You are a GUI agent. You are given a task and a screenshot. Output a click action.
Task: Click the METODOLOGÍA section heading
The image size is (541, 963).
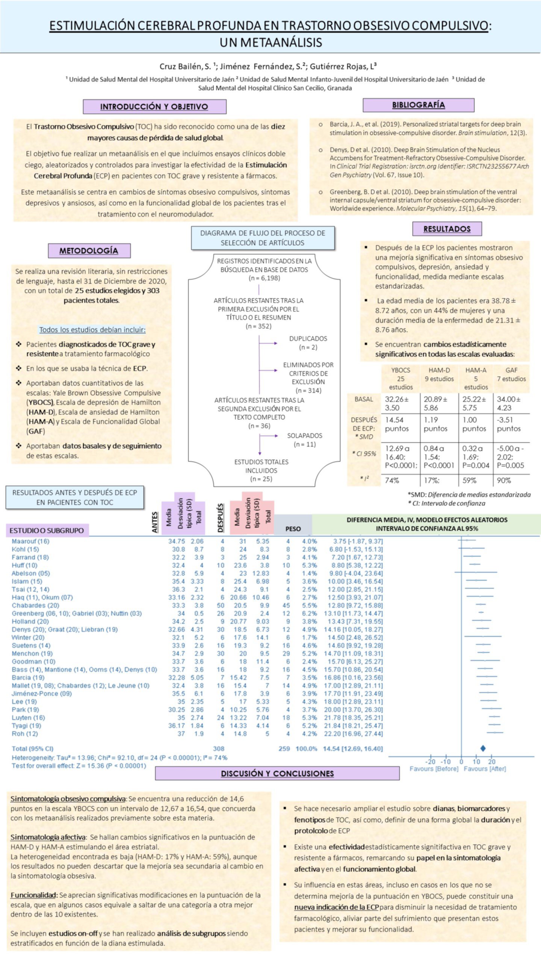89,251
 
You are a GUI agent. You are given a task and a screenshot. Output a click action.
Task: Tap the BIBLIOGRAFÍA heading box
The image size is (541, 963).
418,105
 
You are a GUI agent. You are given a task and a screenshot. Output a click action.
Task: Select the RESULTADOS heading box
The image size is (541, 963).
447,229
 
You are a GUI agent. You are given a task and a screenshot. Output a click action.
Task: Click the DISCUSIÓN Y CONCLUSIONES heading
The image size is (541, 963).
277,773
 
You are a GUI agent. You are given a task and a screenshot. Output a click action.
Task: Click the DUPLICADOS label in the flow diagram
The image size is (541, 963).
308,339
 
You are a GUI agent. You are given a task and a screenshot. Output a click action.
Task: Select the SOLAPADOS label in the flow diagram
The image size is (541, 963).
305,436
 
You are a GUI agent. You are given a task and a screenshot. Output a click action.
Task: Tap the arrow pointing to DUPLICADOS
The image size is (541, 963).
268,343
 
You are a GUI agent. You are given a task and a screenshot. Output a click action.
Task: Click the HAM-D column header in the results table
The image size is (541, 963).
439,370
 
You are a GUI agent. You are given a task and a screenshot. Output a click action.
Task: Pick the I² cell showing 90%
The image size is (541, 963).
504,480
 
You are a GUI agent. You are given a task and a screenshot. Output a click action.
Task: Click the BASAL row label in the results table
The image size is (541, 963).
364,399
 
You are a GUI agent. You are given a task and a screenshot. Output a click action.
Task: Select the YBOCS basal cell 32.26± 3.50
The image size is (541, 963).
397,403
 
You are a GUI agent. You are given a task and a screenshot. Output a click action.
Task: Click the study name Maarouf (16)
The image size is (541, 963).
30,541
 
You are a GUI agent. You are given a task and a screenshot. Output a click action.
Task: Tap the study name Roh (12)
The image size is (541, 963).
25,734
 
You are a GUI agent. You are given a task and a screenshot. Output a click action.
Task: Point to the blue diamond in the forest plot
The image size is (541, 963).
483,748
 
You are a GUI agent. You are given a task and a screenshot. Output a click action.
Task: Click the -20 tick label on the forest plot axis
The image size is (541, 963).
430,761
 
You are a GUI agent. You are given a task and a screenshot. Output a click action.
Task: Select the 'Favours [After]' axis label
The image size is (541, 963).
485,769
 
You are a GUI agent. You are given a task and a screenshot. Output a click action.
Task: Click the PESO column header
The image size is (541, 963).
293,529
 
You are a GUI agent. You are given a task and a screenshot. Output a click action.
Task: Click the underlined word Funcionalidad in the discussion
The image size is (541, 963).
34,895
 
